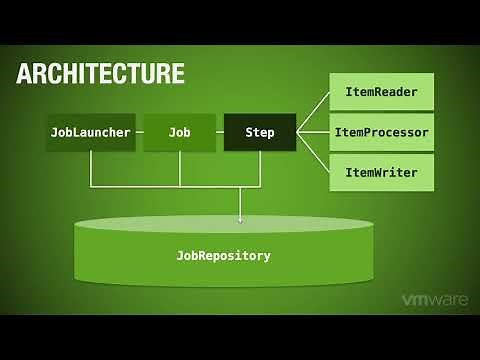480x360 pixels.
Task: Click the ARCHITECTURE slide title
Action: [x=100, y=73]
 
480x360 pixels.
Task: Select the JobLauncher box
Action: [x=90, y=132]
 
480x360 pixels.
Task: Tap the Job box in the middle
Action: [x=180, y=132]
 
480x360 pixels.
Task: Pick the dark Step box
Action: [x=259, y=132]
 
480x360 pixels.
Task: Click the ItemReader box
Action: [x=381, y=92]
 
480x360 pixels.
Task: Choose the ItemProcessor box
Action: [x=381, y=132]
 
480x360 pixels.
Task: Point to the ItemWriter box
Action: [x=381, y=172]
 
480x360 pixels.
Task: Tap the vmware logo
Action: [x=435, y=300]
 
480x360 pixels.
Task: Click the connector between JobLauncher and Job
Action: [x=140, y=132]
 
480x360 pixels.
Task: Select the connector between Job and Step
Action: [x=220, y=132]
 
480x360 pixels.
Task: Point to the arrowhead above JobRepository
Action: [x=240, y=217]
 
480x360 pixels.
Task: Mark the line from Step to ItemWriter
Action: [x=312, y=152]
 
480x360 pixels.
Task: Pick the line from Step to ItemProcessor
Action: [x=312, y=132]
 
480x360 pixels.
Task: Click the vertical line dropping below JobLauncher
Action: [x=90, y=168]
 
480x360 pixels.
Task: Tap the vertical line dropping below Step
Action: [x=259, y=168]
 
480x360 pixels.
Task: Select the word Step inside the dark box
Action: [x=259, y=132]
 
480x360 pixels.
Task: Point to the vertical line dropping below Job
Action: [x=180, y=168]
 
